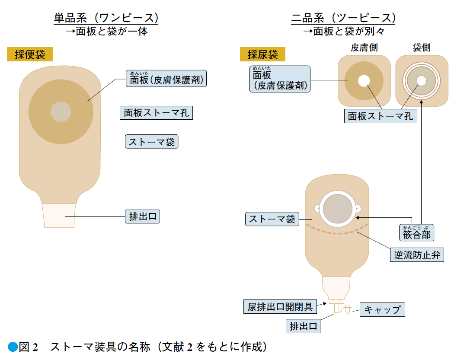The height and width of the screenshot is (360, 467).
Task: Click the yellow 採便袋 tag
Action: click(x=30, y=54)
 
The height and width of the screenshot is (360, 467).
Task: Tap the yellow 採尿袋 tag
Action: click(x=262, y=54)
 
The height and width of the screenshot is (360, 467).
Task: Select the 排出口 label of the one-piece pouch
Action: click(x=142, y=217)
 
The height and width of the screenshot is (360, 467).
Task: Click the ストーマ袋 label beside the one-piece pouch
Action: click(x=152, y=141)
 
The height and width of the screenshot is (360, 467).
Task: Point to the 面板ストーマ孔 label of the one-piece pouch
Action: click(x=156, y=112)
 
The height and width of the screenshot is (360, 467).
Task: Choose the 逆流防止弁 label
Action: click(x=417, y=255)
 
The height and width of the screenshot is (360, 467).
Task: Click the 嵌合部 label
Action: click(x=417, y=233)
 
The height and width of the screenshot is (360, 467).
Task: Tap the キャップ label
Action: click(x=382, y=310)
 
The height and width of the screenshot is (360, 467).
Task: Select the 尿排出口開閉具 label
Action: click(x=280, y=306)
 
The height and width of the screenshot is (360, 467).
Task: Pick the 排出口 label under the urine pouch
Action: click(x=303, y=326)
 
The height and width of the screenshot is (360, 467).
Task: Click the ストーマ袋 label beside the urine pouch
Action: click(x=272, y=219)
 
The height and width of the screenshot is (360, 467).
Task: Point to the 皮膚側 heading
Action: click(x=364, y=48)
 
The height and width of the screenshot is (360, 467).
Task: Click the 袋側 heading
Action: click(x=422, y=48)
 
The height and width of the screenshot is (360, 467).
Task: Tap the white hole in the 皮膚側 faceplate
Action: click(x=364, y=81)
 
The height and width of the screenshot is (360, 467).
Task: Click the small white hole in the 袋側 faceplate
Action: click(x=422, y=81)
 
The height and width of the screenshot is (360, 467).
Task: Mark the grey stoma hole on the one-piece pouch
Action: click(x=61, y=112)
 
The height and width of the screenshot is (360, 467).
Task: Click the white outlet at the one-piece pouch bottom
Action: click(x=59, y=216)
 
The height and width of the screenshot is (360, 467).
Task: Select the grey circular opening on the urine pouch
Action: click(x=338, y=209)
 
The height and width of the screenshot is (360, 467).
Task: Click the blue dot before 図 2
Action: click(x=13, y=347)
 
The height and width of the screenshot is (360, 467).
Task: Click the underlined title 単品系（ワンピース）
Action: click(x=106, y=18)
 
